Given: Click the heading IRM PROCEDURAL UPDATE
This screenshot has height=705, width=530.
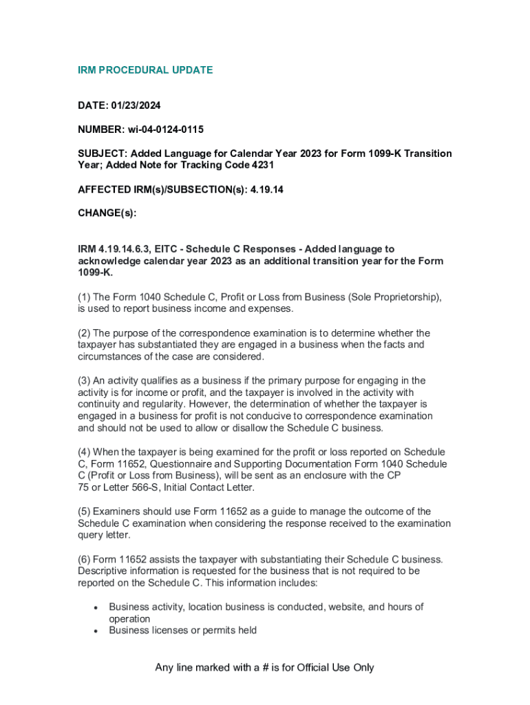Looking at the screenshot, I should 145,70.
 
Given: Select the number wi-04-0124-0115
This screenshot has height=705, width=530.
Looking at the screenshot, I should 165,129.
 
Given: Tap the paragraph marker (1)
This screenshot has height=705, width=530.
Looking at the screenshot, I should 83,297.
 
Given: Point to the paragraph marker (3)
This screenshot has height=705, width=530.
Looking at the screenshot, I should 83,381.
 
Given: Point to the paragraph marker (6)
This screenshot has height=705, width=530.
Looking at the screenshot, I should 83,559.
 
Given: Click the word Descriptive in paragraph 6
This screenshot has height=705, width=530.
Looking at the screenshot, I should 103,571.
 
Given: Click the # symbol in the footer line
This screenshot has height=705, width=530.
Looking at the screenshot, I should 264,668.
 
